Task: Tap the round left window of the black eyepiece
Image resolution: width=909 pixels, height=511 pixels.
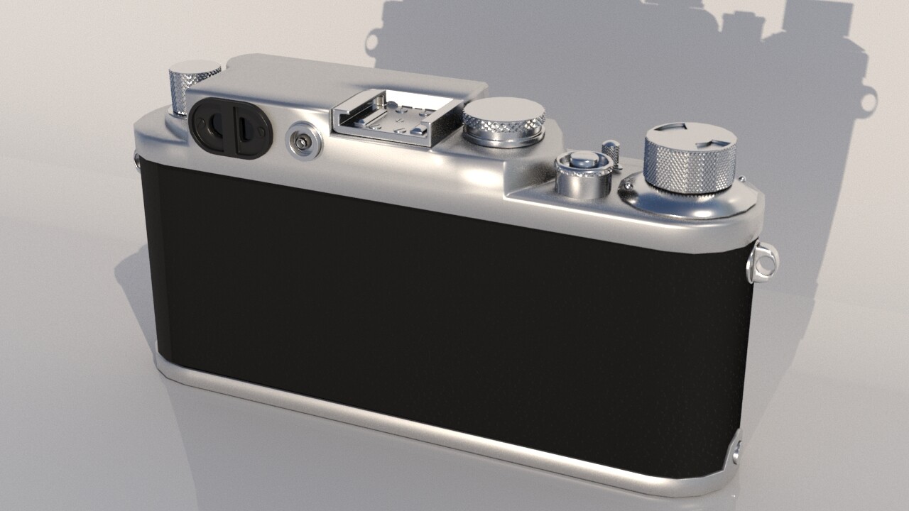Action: point(214,126)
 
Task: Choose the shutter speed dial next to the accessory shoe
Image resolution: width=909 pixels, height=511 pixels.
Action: point(504,121)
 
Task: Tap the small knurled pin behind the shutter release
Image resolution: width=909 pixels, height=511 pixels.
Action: point(611,152)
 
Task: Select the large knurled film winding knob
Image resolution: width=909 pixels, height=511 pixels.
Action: point(690,162)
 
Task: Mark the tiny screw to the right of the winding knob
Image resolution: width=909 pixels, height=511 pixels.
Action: point(741,180)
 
